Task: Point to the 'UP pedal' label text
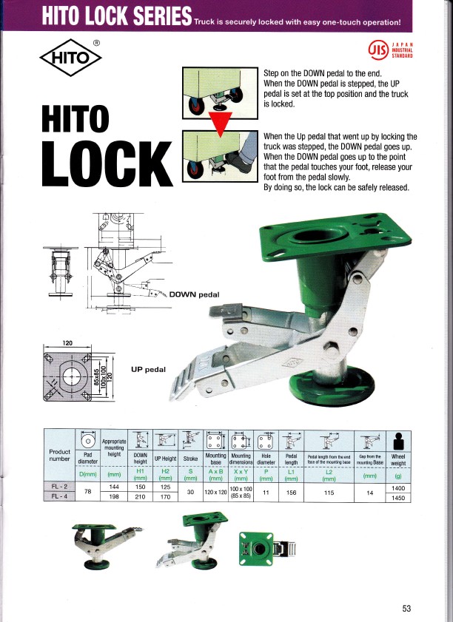149,368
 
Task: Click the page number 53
406,609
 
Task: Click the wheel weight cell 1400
397,488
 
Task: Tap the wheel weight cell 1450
397,498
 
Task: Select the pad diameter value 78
88,493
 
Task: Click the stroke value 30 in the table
190,493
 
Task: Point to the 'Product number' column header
60,456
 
